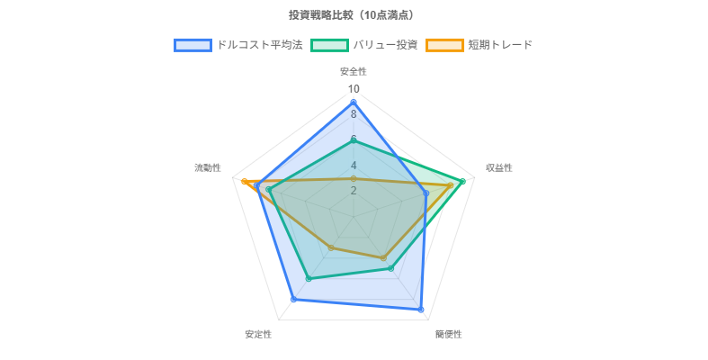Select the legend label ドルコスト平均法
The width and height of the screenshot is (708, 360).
point(259,45)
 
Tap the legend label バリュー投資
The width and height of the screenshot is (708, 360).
point(385,45)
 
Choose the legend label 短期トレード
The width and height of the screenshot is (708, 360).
point(499,45)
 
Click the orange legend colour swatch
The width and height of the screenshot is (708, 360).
point(444,45)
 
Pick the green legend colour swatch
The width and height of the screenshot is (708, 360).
point(329,45)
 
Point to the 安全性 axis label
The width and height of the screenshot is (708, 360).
point(354,71)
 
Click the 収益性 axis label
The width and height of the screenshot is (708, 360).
point(499,167)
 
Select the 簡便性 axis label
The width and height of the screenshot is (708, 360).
point(449,334)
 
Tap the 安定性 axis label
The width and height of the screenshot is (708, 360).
point(258,334)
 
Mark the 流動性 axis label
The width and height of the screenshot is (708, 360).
point(208,167)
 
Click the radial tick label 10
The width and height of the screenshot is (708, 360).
point(354,89)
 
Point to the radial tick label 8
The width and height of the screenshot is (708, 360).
point(354,114)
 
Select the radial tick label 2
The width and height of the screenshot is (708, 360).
point(354,191)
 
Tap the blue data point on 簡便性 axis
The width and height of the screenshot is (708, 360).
point(421,310)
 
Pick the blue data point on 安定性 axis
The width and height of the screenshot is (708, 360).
point(293,299)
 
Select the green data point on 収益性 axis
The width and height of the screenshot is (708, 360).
point(462,182)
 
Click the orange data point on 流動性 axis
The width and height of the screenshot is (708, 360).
point(244,182)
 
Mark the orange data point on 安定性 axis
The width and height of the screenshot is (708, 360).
point(331,247)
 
